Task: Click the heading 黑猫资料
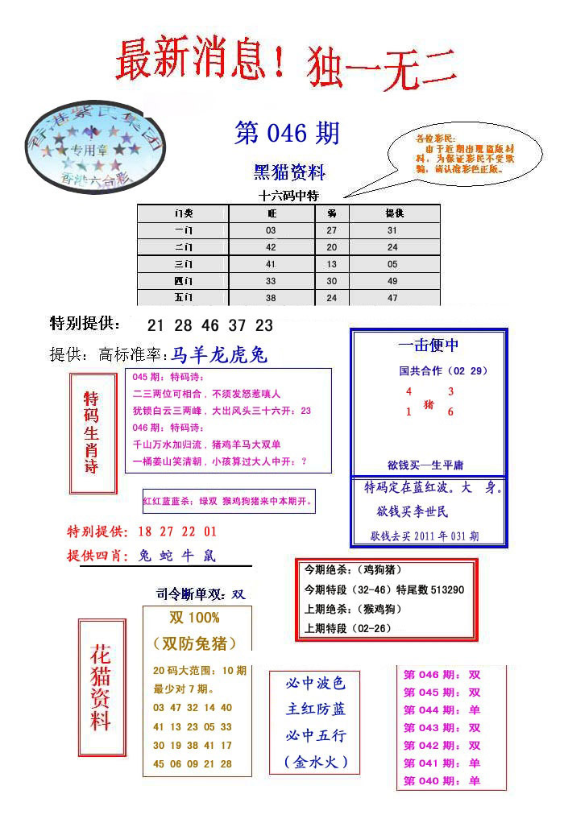(289, 172)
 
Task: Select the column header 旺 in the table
(272, 213)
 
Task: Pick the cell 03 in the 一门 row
(271, 230)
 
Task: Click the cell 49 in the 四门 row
(392, 281)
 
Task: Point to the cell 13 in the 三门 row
(332, 264)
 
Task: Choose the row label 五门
(183, 298)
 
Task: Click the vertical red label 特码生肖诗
(92, 432)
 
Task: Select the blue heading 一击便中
(429, 345)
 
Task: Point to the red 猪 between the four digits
(429, 404)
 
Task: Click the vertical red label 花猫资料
(101, 687)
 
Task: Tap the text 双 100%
(194, 618)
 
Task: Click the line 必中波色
(315, 684)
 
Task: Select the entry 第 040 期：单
(442, 780)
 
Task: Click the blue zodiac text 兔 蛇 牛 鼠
(176, 556)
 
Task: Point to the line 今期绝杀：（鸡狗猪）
(350, 570)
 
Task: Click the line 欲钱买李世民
(413, 511)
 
